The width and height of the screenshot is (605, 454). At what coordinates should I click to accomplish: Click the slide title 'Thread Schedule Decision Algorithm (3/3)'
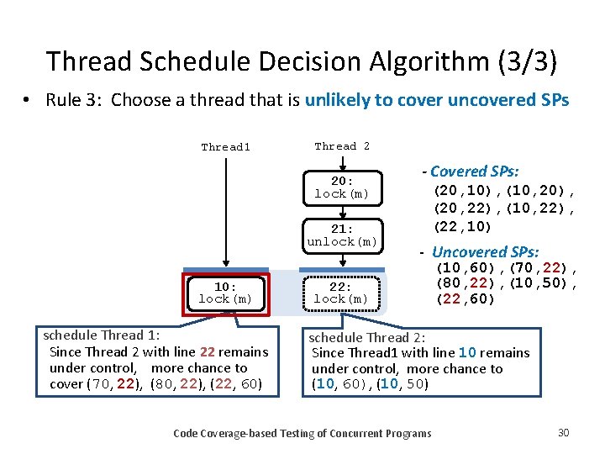(301, 61)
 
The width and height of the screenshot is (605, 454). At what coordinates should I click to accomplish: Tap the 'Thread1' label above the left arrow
(225, 147)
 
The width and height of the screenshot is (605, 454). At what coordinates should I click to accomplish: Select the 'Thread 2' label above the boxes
(341, 146)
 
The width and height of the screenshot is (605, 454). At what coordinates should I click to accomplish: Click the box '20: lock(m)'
(341, 187)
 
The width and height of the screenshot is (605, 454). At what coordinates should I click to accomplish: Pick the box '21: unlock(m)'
(341, 235)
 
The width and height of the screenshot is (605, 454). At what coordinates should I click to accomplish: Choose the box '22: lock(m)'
(341, 293)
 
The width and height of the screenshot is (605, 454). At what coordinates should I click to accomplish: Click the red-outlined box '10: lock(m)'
(225, 293)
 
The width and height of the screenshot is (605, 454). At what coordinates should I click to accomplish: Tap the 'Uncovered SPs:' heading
(485, 252)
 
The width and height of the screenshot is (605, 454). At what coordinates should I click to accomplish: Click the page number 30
(563, 432)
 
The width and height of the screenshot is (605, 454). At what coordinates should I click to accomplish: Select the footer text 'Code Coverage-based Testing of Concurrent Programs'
(302, 433)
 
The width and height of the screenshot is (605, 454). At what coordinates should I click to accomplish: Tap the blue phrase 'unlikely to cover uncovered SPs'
(437, 101)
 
